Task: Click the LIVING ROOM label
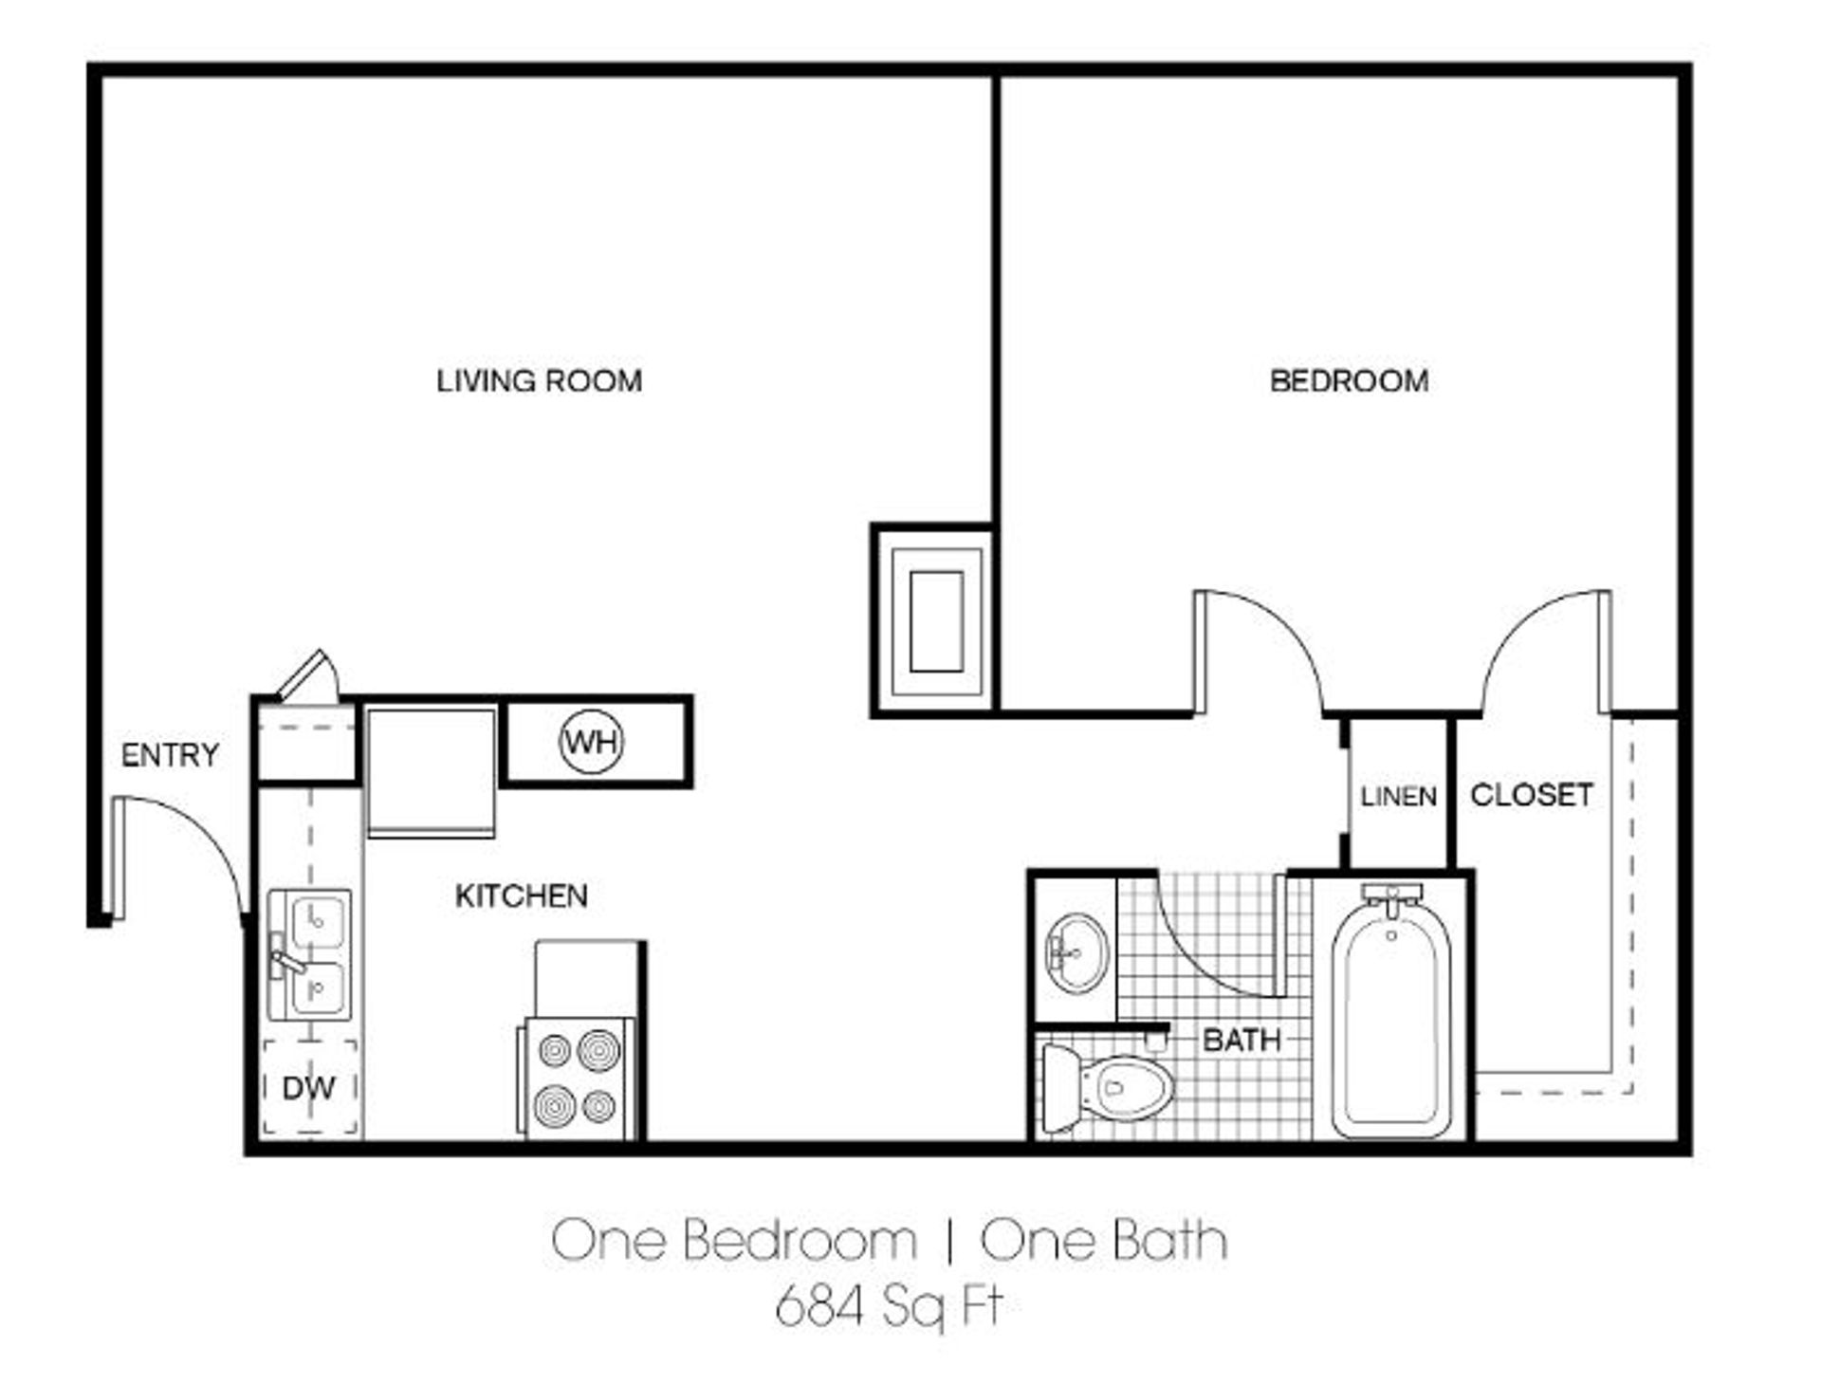pos(539,381)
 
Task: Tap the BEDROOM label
pos(1349,381)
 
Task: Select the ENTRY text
pos(170,755)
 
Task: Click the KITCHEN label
pos(521,895)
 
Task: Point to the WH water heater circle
pos(592,742)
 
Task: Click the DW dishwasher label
pos(308,1088)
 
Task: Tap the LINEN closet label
pos(1398,796)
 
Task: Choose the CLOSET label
pos(1531,795)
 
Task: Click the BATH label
pos(1242,1041)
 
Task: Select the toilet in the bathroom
pos(1106,1089)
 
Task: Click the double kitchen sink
pos(309,954)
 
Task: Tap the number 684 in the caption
pos(820,1306)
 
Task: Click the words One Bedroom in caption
pos(734,1240)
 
